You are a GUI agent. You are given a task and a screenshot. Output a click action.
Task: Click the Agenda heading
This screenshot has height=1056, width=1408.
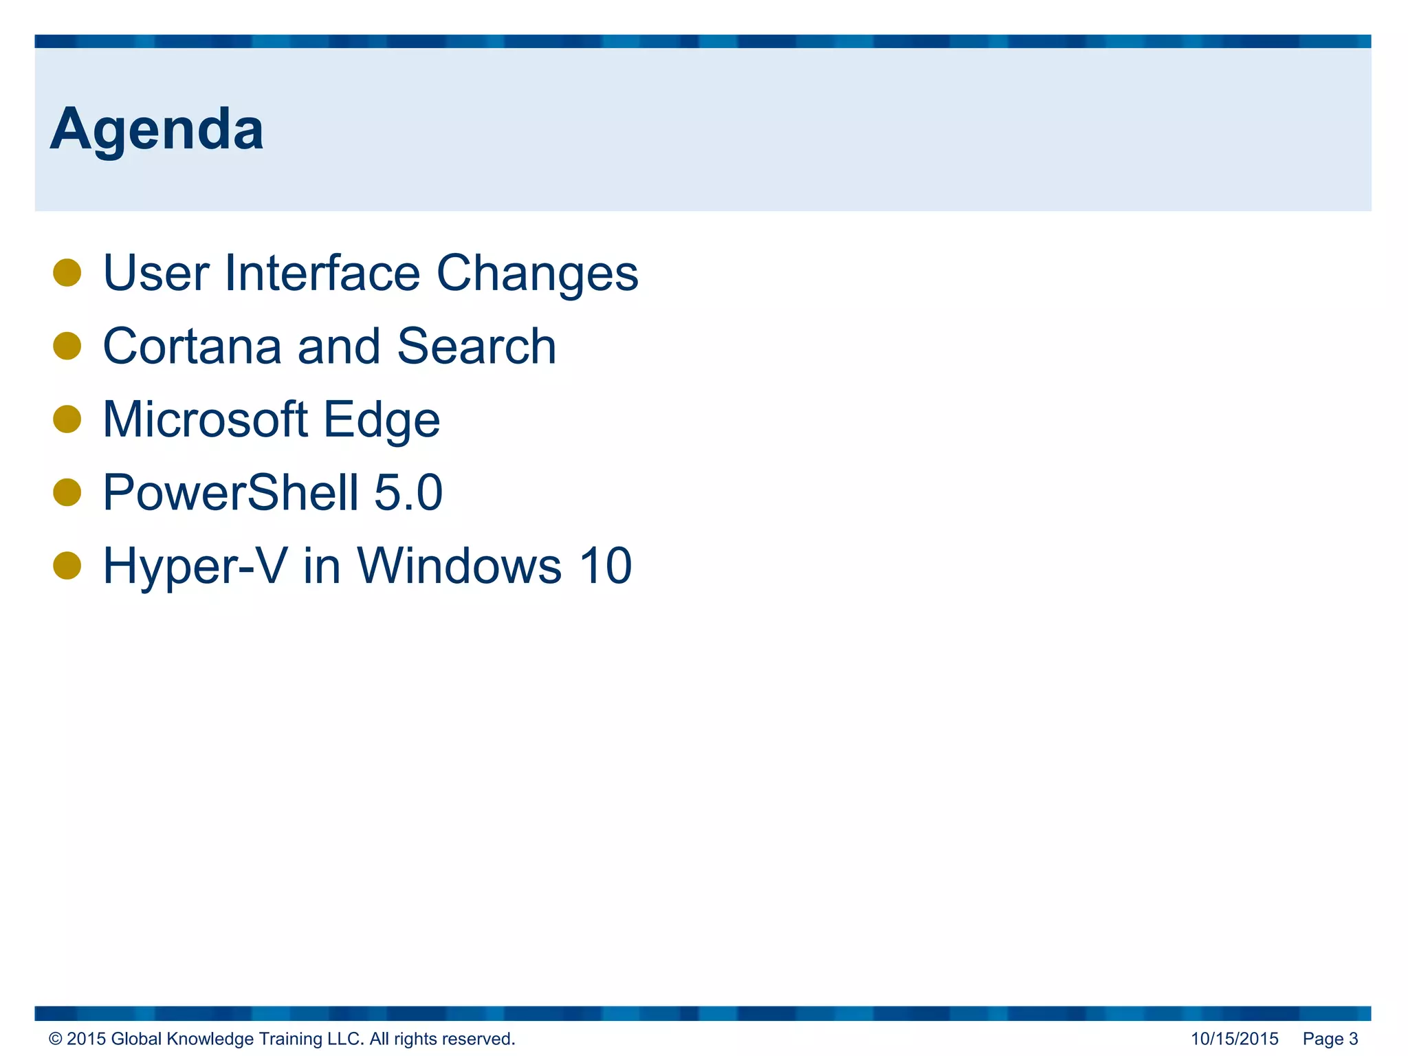(x=157, y=129)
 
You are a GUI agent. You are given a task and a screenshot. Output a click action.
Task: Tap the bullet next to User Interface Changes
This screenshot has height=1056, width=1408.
(x=67, y=272)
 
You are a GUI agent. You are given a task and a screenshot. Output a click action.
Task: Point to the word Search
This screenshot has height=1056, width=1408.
(x=476, y=346)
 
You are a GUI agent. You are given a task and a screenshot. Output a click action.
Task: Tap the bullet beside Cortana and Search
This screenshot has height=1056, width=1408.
(x=67, y=346)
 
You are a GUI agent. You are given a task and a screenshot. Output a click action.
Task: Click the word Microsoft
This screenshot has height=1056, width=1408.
(x=205, y=419)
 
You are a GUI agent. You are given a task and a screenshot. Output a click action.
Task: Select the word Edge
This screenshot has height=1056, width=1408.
(x=382, y=421)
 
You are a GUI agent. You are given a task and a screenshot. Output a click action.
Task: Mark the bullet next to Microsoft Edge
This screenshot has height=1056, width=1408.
(x=67, y=419)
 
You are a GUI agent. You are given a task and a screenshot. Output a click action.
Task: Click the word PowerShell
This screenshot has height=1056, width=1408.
(x=231, y=492)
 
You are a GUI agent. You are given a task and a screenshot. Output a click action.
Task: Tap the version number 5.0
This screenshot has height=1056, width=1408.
(x=408, y=492)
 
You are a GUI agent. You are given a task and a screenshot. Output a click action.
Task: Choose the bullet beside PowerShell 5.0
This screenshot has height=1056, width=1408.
(x=67, y=492)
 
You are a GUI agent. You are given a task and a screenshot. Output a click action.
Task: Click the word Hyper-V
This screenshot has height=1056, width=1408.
(x=195, y=566)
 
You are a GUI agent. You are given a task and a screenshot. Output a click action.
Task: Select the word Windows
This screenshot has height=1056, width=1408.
(x=459, y=566)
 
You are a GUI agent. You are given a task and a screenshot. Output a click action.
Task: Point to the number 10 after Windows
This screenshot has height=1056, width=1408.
(x=605, y=566)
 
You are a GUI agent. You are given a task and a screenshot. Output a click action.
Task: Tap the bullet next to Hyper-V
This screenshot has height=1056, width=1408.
(x=67, y=566)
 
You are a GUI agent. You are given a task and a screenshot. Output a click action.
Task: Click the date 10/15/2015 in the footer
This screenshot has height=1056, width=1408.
(x=1234, y=1039)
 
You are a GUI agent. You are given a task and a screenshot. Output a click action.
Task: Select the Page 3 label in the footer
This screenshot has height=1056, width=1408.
(x=1330, y=1039)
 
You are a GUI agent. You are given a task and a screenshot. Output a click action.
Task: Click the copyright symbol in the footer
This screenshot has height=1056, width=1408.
(x=56, y=1039)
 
